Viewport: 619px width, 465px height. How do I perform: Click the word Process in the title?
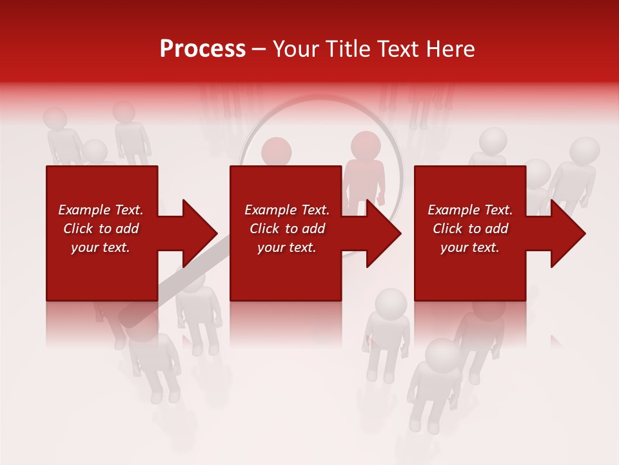coord(202,49)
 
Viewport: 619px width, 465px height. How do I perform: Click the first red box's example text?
coord(101,229)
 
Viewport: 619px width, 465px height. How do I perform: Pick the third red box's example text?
coord(470,229)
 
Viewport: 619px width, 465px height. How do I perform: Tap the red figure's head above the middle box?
coord(277,150)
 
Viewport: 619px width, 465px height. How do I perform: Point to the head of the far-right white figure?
coord(584,151)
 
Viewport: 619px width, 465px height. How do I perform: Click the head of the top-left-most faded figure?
coord(55,119)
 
